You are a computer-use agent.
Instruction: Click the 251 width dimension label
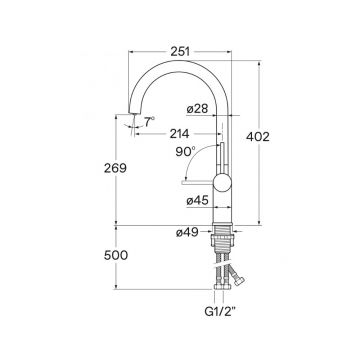[x=180, y=52]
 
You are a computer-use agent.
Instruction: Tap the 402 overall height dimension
[x=258, y=137]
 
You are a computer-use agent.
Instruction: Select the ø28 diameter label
[x=197, y=109]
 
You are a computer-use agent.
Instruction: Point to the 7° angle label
[x=150, y=121]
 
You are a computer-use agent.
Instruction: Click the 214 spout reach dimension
[x=179, y=134]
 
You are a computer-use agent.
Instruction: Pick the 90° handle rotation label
[x=185, y=152]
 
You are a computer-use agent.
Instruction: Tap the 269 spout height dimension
[x=115, y=168]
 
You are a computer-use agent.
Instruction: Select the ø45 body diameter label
[x=197, y=200]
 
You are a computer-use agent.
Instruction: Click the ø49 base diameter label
[x=187, y=232]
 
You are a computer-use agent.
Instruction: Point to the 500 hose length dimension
[x=116, y=255]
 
